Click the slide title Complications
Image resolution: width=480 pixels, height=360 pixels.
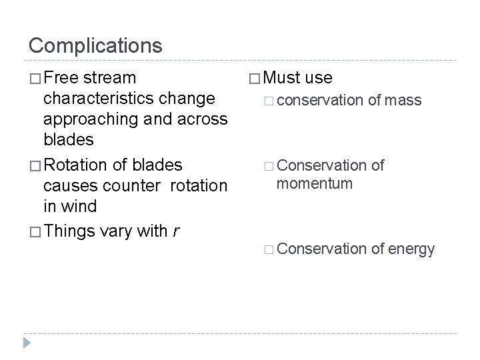95,45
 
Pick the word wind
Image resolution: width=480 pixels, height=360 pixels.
78,207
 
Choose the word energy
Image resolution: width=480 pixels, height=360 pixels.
411,249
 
